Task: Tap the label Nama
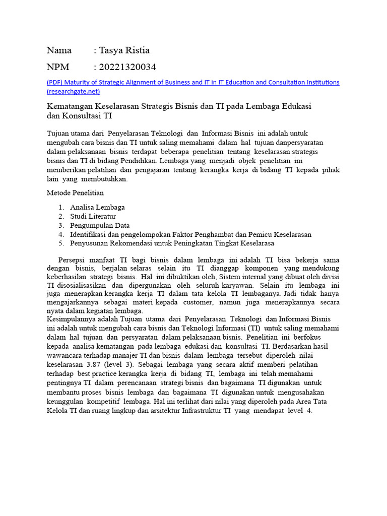59,50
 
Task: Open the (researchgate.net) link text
73,91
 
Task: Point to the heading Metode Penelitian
75,193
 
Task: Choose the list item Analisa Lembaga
97,207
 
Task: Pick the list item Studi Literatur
93,216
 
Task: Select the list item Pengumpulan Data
100,225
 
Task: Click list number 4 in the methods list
60,234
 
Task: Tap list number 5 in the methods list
60,243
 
